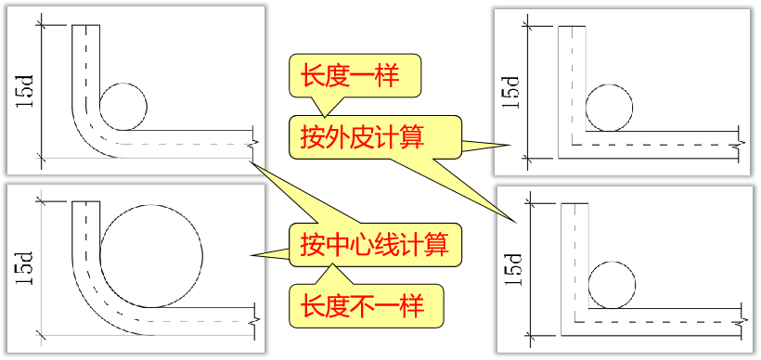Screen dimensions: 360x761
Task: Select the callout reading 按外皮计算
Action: pos(362,137)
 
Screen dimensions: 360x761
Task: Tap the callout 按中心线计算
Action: pos(374,245)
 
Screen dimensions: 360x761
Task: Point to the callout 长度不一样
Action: pos(362,304)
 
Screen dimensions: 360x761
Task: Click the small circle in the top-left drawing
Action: pos(123,105)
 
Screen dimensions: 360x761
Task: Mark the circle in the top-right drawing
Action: pos(610,107)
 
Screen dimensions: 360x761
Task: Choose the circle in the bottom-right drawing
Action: pos(613,284)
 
